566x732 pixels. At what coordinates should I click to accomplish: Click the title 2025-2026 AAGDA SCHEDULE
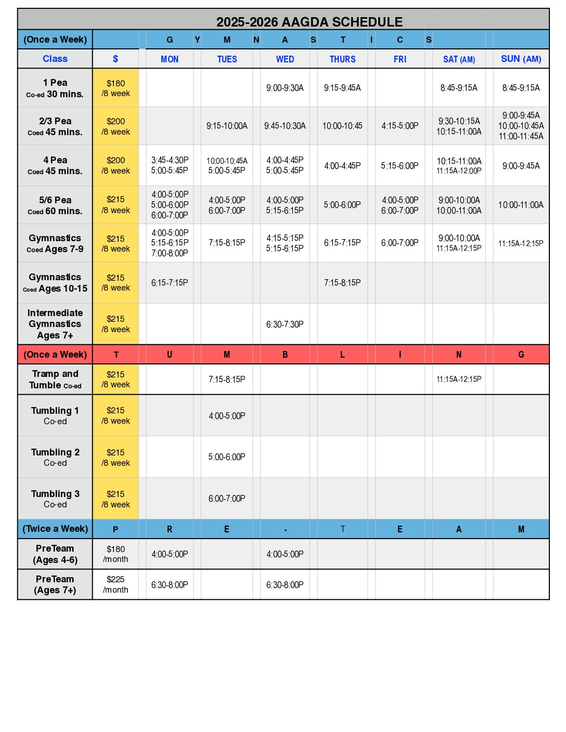pyautogui.click(x=309, y=22)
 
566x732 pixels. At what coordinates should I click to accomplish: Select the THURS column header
pyautogui.click(x=342, y=59)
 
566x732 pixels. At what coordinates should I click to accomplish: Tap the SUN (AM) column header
pyautogui.click(x=521, y=59)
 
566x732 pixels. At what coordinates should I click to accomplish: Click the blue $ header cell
pyautogui.click(x=115, y=59)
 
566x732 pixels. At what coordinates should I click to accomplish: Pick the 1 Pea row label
pyautogui.click(x=55, y=88)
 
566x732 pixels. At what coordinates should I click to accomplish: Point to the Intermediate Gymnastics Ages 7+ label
pyautogui.click(x=55, y=324)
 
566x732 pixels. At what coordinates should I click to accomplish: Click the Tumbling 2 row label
pyautogui.click(x=55, y=457)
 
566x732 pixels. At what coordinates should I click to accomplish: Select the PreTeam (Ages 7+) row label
pyautogui.click(x=55, y=584)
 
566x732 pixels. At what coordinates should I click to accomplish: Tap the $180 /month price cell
pyautogui.click(x=115, y=554)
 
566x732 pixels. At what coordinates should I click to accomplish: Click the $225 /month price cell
pyautogui.click(x=115, y=584)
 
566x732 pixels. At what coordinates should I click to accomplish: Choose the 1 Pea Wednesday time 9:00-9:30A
pyautogui.click(x=285, y=88)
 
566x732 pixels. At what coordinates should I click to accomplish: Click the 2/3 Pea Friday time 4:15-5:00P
pyautogui.click(x=400, y=126)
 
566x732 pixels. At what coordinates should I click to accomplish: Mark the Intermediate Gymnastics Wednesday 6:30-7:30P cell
pyautogui.click(x=285, y=324)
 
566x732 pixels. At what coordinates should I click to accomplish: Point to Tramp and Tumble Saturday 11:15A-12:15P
pyautogui.click(x=459, y=380)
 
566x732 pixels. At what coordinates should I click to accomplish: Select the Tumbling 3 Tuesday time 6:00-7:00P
pyautogui.click(x=227, y=499)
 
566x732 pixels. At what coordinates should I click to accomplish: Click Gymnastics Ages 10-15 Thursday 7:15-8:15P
pyautogui.click(x=342, y=283)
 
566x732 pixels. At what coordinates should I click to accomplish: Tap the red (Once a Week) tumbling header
pyautogui.click(x=55, y=355)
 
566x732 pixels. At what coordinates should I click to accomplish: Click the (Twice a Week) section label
pyautogui.click(x=55, y=529)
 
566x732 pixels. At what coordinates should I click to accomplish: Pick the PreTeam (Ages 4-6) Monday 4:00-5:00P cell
pyautogui.click(x=170, y=554)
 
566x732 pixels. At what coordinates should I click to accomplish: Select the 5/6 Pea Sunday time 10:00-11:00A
pyautogui.click(x=521, y=205)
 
